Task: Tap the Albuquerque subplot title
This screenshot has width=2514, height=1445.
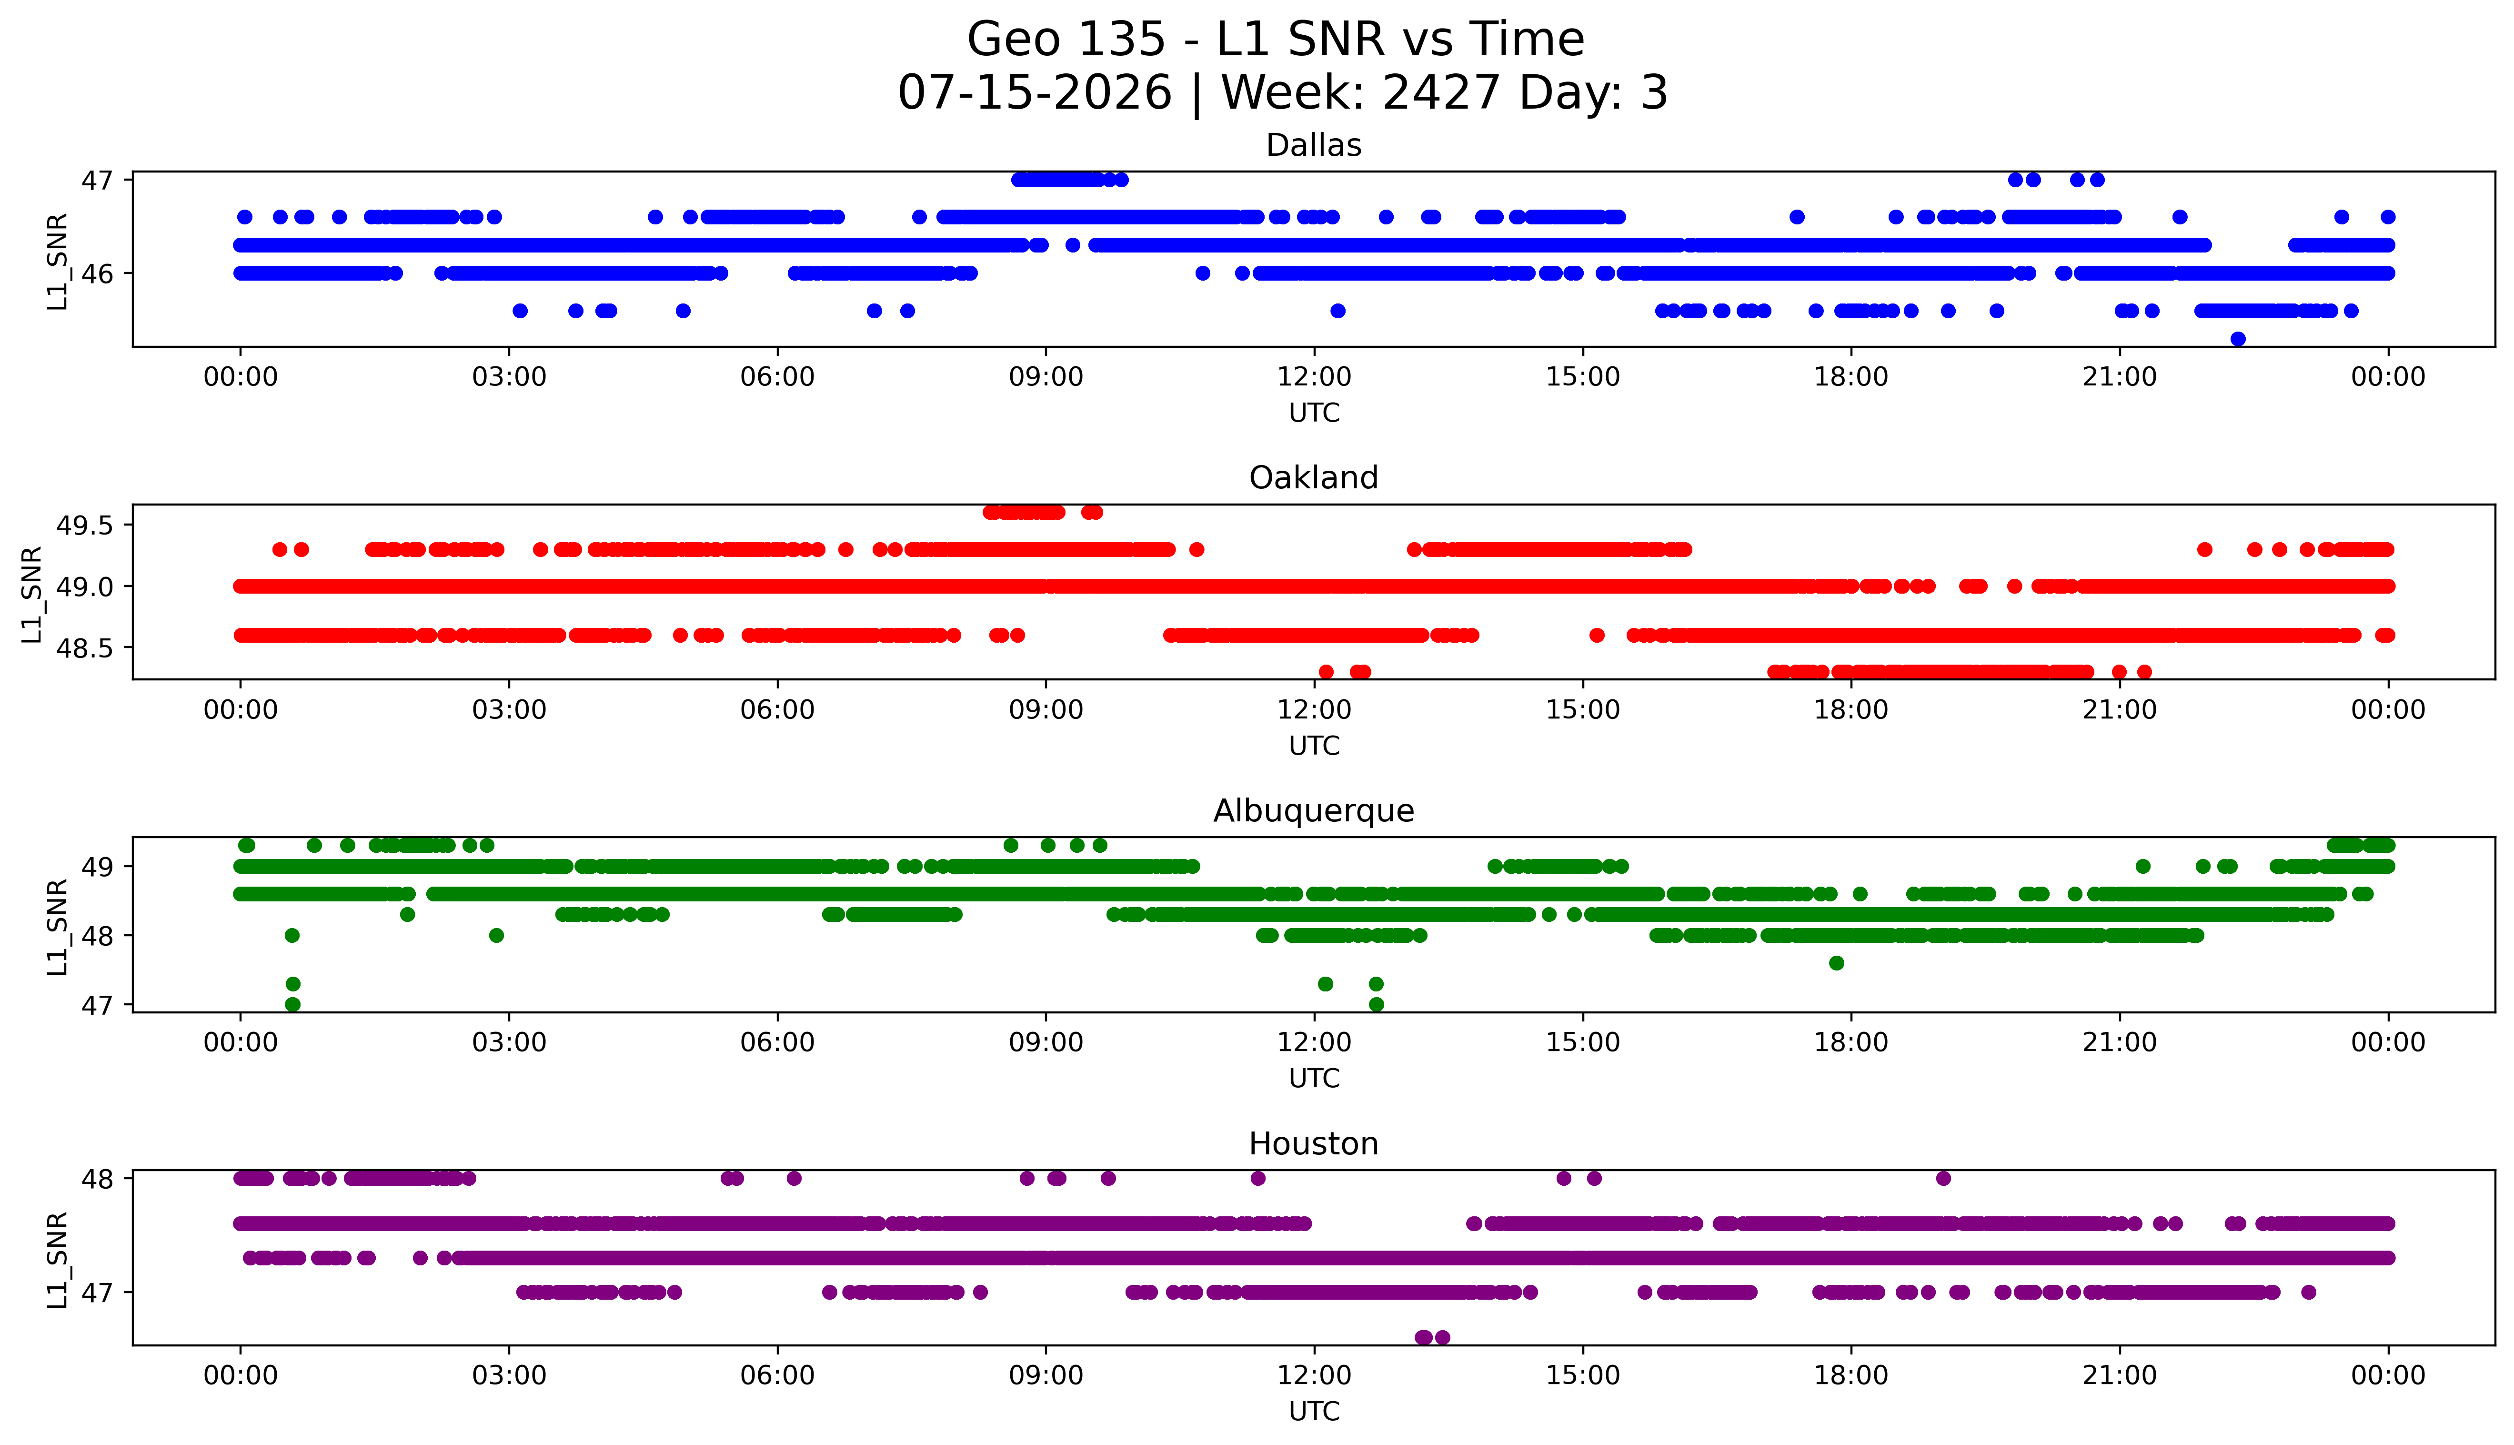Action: pyautogui.click(x=1314, y=811)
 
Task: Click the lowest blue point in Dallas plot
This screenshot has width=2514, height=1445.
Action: pyautogui.click(x=2238, y=339)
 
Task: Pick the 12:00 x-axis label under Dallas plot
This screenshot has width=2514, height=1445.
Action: pyautogui.click(x=1315, y=377)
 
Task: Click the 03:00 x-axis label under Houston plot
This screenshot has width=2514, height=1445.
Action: pyautogui.click(x=509, y=1375)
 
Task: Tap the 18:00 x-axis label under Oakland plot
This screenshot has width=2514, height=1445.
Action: pyautogui.click(x=1851, y=709)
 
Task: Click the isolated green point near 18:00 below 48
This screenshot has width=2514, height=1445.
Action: pyautogui.click(x=1836, y=963)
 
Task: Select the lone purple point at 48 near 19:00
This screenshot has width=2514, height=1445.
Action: pyautogui.click(x=1943, y=1179)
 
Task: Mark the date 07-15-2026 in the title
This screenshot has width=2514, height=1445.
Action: pyautogui.click(x=1035, y=93)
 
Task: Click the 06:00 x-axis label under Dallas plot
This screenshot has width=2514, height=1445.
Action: pyautogui.click(x=778, y=377)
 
